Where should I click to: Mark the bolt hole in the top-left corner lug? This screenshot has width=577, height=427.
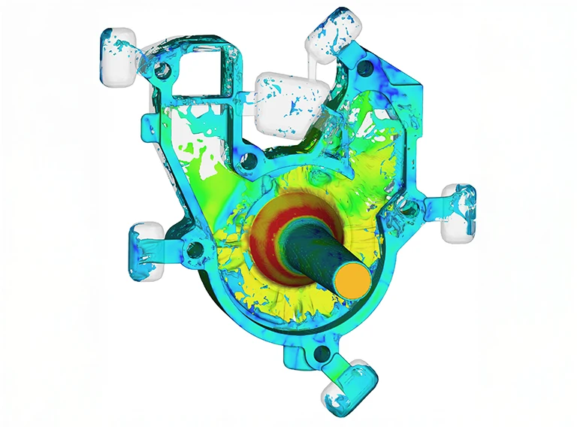[159, 71]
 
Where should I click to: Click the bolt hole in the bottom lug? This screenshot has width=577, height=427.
[322, 353]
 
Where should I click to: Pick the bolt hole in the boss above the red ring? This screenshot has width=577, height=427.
[246, 160]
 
